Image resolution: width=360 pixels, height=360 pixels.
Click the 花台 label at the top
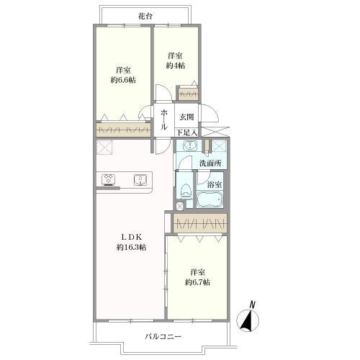(x=145, y=17)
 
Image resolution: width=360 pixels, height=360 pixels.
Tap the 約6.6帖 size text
(x=123, y=80)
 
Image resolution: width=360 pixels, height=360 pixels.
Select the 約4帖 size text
(x=176, y=66)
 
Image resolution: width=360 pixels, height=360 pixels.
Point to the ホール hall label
(x=164, y=119)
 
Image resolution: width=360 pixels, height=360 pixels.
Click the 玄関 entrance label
(x=186, y=117)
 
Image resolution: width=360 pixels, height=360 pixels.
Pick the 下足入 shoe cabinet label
(x=187, y=132)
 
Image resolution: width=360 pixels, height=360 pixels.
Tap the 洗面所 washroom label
(x=210, y=163)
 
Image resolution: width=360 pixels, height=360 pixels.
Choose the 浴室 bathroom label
(x=215, y=184)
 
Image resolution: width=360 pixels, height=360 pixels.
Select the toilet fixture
(x=186, y=191)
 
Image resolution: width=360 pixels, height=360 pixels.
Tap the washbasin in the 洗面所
(x=190, y=145)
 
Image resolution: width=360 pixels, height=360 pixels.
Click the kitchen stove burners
(x=109, y=179)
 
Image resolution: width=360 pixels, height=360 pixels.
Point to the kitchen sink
(x=140, y=180)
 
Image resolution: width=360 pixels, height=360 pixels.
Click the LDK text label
(x=131, y=238)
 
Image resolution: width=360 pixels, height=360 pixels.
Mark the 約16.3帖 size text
(x=131, y=247)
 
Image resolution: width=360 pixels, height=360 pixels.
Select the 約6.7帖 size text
(x=197, y=282)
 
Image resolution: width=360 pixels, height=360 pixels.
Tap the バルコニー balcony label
(x=163, y=336)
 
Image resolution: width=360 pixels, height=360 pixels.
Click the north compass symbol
(x=248, y=320)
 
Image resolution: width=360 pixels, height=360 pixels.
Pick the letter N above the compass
(x=252, y=305)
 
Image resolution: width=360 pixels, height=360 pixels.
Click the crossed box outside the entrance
(x=215, y=132)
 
